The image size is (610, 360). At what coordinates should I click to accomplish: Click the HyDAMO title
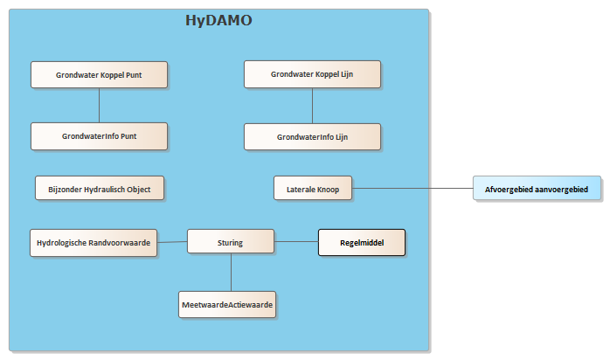(x=218, y=20)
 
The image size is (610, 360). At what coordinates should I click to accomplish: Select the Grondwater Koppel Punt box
(x=100, y=74)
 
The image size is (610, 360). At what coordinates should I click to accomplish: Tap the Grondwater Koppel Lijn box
(x=312, y=74)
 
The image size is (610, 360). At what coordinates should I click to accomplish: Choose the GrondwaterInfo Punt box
(x=100, y=136)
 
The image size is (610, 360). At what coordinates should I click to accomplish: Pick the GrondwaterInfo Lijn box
(x=312, y=137)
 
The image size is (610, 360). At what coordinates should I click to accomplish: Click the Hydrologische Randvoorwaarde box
(x=94, y=243)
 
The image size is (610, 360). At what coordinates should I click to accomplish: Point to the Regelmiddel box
(x=362, y=243)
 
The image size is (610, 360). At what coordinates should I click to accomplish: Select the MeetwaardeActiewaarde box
(x=227, y=305)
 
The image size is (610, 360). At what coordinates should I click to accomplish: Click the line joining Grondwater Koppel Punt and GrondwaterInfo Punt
(x=100, y=106)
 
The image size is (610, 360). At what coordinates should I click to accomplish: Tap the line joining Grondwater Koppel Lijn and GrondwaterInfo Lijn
(x=312, y=106)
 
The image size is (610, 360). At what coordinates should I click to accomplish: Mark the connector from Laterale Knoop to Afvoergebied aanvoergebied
(x=412, y=188)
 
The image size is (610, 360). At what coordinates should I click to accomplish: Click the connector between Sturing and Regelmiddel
(x=296, y=241)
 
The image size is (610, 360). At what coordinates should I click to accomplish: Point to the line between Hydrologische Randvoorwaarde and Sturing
(x=172, y=242)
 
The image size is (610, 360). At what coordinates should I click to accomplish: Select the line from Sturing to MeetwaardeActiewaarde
(x=231, y=273)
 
